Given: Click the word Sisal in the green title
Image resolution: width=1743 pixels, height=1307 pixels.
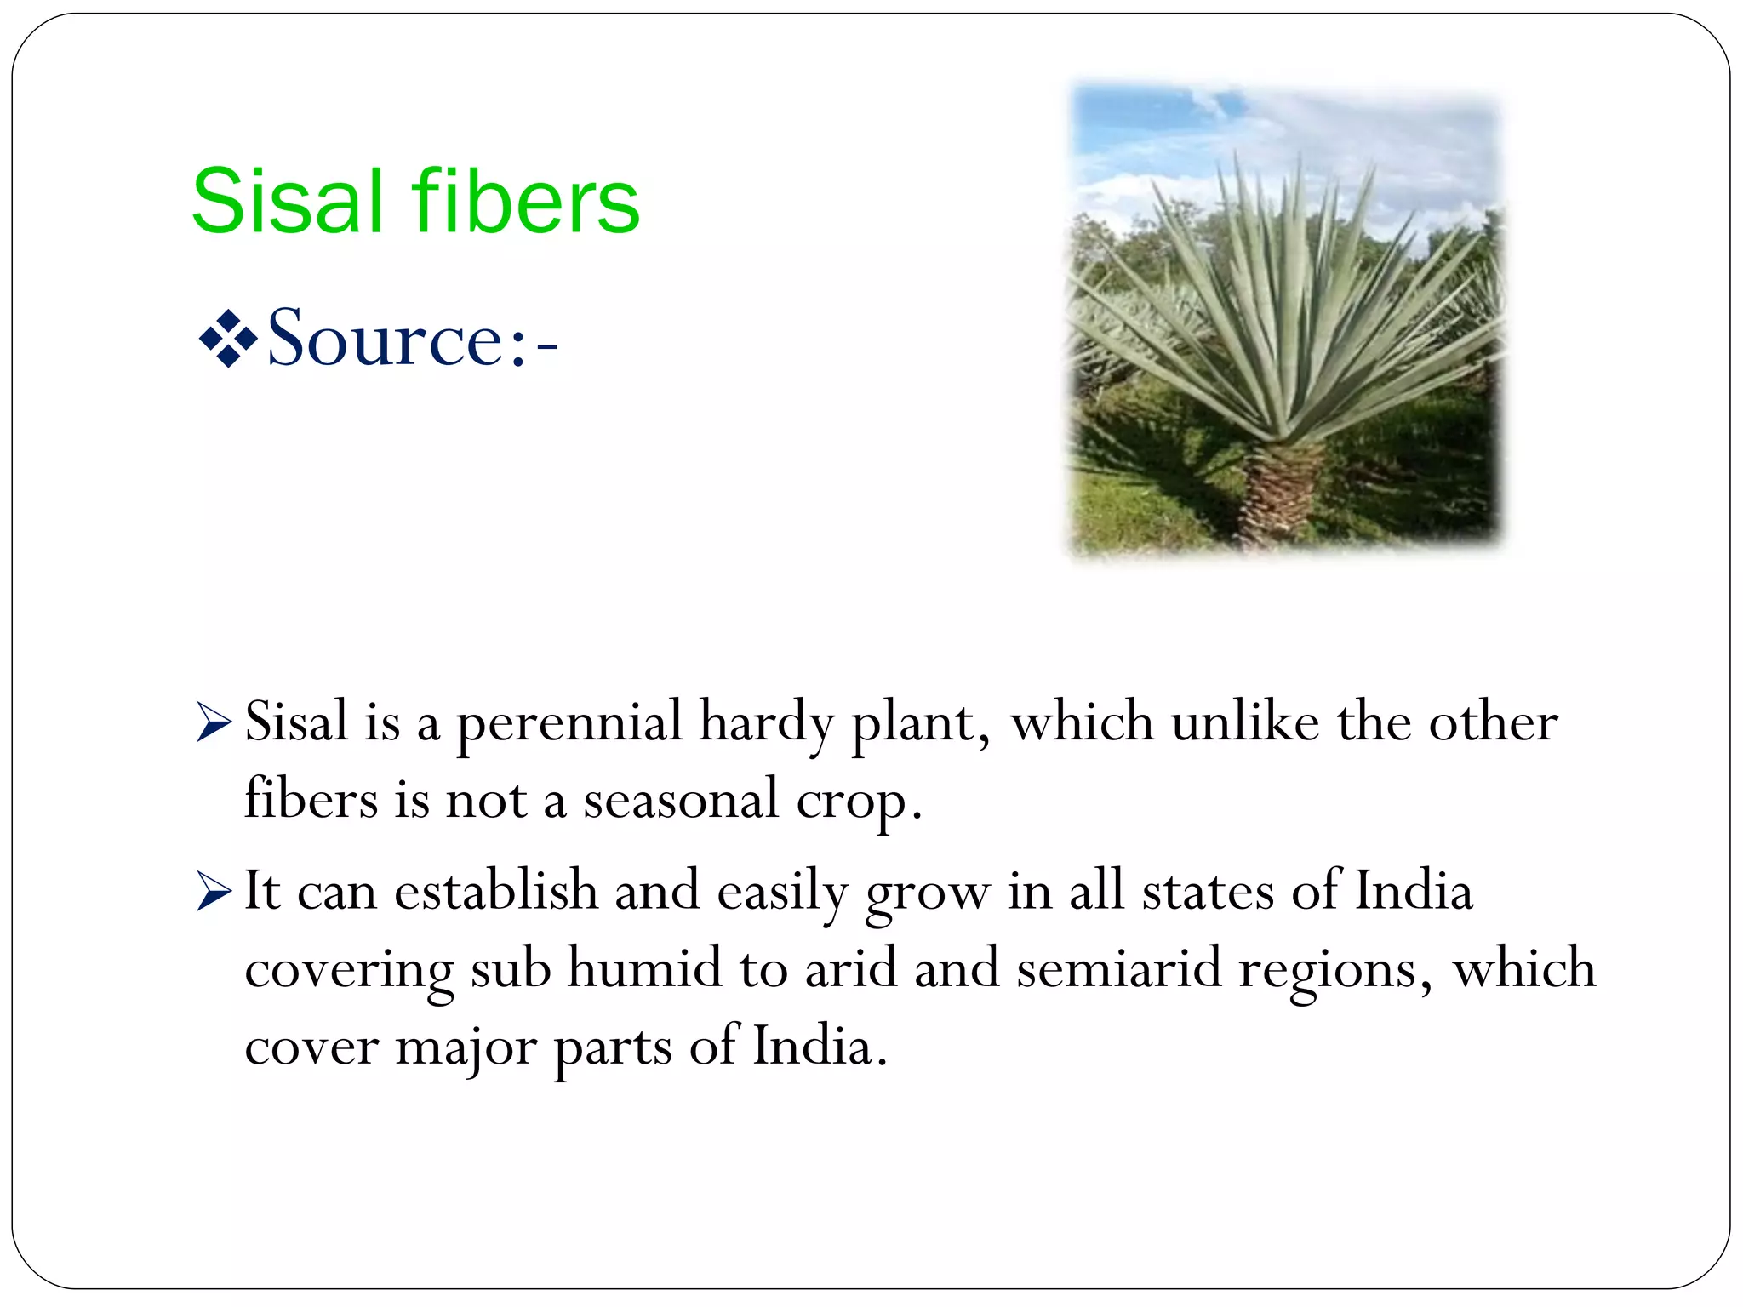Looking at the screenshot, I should pos(288,202).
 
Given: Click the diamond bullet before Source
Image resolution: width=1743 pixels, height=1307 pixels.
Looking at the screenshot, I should pos(227,340).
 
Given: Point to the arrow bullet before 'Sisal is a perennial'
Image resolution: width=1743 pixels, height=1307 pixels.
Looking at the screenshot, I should pos(213,722).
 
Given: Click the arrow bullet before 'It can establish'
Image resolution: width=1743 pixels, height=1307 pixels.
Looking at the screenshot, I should pos(213,891).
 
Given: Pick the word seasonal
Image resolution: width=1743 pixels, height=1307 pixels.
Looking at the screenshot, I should pos(680,801).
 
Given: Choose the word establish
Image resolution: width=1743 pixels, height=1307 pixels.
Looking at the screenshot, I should pos(495,891).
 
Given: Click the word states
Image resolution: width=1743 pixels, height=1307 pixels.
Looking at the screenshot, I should pos(1207,892).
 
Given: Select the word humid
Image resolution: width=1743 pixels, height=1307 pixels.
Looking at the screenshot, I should pos(644,968).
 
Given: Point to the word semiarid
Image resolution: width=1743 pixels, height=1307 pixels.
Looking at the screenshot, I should pos(1118,968).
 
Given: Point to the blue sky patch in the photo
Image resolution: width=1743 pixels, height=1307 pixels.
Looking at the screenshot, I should pos(1123,119).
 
